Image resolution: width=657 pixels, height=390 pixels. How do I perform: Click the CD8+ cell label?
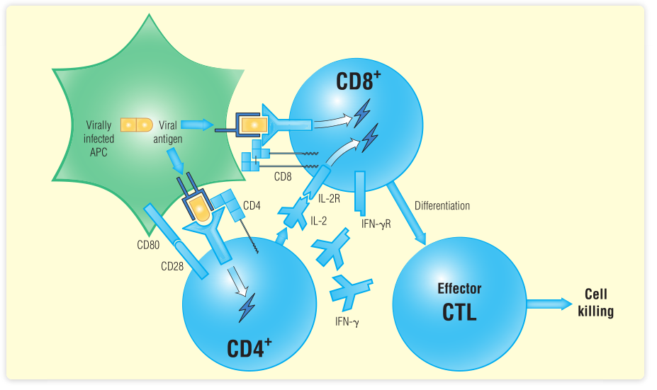point(358,83)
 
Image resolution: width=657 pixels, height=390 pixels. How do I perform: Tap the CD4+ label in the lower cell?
point(249,348)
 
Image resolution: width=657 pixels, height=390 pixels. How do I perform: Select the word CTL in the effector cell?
point(459,311)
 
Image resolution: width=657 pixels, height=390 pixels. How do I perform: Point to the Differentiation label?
point(442,206)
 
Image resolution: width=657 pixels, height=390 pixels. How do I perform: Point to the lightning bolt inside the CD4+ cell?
point(247,306)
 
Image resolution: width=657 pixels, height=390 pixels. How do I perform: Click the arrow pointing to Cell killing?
point(549,304)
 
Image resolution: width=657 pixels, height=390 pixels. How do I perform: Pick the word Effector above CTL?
point(459,289)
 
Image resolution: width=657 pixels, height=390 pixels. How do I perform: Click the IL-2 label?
point(318,221)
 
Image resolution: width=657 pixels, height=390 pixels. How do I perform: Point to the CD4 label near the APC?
point(252,206)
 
